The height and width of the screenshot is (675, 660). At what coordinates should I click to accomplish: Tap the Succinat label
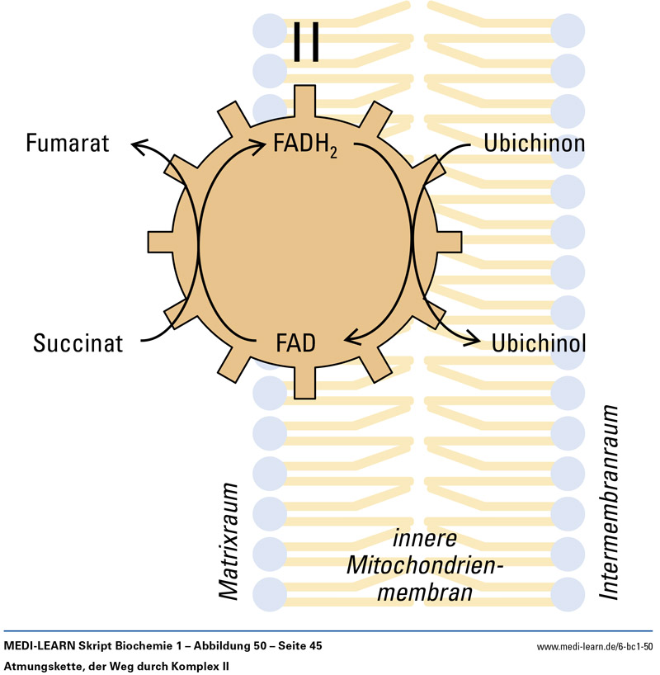pyautogui.click(x=78, y=342)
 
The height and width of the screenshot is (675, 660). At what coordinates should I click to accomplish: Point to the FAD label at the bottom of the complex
pyautogui.click(x=295, y=342)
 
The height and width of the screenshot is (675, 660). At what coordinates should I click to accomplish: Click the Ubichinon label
pyautogui.click(x=534, y=144)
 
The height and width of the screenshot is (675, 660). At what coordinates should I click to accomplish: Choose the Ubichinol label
pyautogui.click(x=539, y=342)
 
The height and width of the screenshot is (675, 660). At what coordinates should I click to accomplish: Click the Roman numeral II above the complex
pyautogui.click(x=306, y=42)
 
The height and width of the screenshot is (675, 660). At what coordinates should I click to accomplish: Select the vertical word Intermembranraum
pyautogui.click(x=610, y=502)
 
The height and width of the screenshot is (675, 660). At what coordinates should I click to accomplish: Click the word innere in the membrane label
pyautogui.click(x=424, y=541)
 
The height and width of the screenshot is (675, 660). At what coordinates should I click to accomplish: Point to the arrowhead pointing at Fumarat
pyautogui.click(x=137, y=146)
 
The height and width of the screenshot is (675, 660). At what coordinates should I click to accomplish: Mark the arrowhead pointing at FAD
pyautogui.click(x=350, y=337)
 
